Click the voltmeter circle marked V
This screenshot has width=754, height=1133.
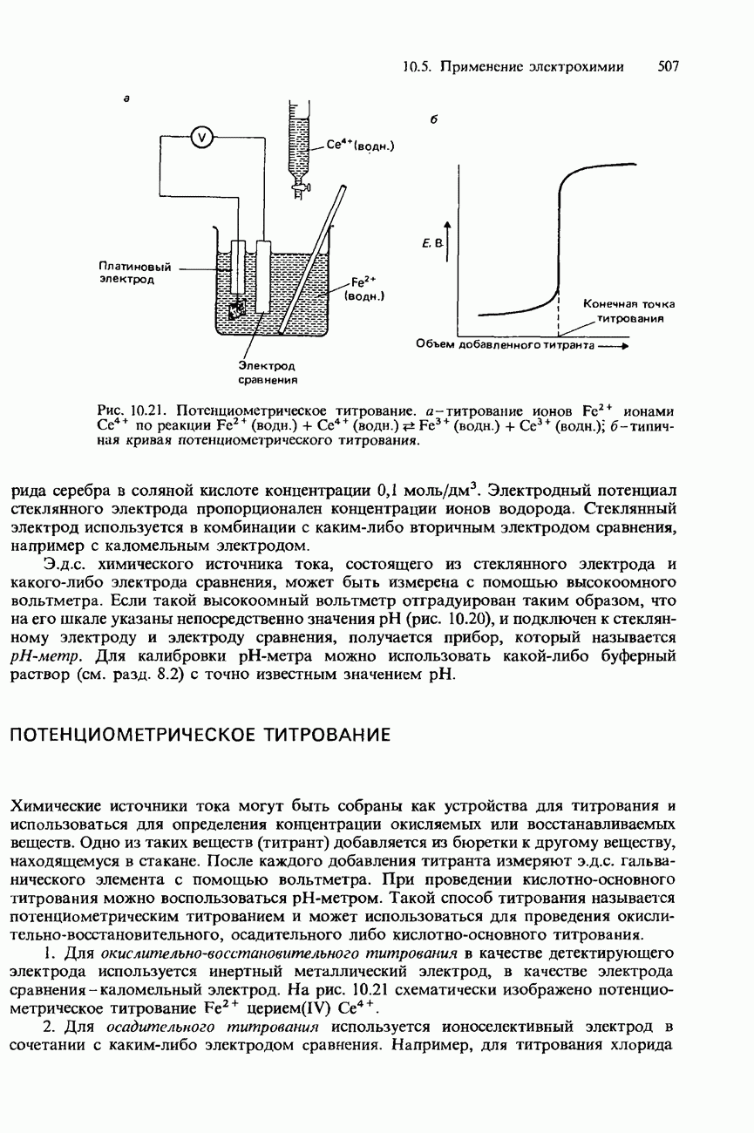coord(201,136)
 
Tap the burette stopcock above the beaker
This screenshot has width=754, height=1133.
coord(298,184)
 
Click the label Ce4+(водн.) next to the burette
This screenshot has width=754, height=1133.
coord(361,146)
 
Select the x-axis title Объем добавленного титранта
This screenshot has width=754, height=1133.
coord(504,346)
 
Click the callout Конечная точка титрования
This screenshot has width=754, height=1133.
coord(628,311)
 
